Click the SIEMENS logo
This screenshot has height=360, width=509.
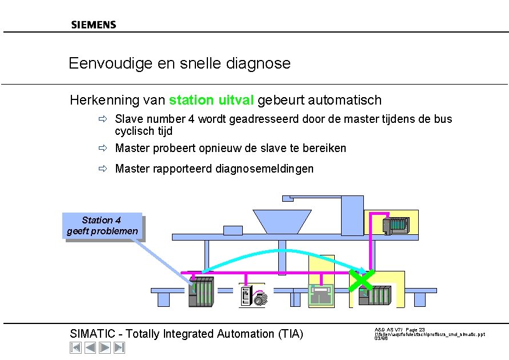pos(94,25)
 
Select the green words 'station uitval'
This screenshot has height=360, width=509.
pos(211,101)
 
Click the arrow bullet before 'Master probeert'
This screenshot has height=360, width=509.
pos(102,149)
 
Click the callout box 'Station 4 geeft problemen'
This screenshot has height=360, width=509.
pos(102,226)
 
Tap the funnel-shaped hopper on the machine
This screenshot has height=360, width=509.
pos(274,221)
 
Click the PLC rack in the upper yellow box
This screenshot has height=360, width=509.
pos(395,225)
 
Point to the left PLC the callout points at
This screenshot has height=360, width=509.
pos(201,292)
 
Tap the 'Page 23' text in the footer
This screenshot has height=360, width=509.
pos(415,330)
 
